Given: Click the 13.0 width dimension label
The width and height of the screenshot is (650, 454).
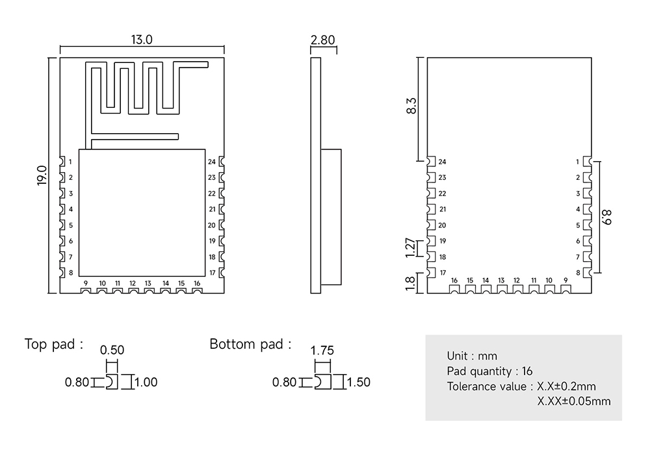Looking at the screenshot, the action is tap(142, 40).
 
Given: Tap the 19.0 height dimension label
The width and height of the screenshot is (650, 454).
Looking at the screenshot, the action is tap(42, 175).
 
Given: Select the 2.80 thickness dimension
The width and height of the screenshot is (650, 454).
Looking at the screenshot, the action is tap(322, 40).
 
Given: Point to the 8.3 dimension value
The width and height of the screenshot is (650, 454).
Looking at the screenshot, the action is tap(411, 106).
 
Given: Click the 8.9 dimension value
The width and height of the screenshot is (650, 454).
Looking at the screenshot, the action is tap(606, 217).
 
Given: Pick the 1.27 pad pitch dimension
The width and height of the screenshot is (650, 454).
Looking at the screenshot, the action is tap(409, 247).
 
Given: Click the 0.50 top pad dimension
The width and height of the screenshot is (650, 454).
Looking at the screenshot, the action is tap(112, 350).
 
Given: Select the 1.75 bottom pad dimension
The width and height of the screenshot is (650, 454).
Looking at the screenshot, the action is tap(322, 351).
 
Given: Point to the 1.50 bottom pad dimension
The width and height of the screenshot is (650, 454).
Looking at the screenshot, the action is tap(359, 382).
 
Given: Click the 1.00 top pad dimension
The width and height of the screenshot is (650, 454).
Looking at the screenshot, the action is tap(146, 382).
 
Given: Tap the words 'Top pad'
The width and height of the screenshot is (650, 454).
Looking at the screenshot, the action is tap(50, 344).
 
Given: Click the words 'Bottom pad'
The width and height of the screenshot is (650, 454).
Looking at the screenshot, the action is tap(246, 344).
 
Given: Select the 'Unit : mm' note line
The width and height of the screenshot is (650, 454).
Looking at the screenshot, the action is tap(472, 356).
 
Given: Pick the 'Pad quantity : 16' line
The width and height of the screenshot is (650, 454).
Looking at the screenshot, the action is tap(489, 371).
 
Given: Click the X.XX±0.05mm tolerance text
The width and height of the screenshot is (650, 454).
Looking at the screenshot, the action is tap(574, 401).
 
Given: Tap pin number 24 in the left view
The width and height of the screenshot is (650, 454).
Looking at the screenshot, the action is tap(212, 162).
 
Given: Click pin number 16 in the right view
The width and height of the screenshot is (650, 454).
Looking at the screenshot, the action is tap(454, 281).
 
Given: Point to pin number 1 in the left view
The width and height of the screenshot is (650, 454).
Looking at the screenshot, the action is tap(70, 162).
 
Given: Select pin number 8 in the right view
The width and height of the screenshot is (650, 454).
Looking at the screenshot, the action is tap(578, 273).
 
